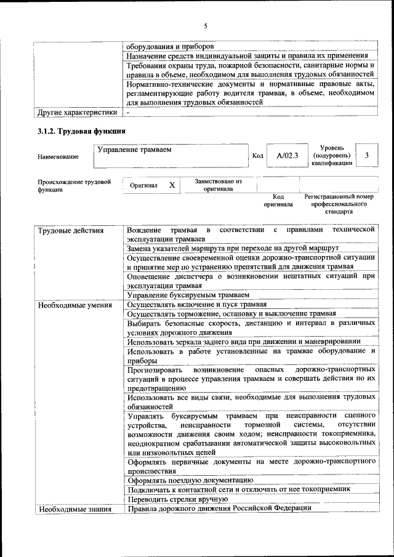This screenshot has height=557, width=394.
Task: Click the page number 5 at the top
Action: (x=206, y=25)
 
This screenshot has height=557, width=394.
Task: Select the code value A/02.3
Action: (x=287, y=156)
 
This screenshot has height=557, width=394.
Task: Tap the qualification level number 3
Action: (x=367, y=156)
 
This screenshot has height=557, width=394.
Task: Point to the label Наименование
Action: (x=58, y=157)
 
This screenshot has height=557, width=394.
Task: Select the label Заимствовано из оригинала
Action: (x=219, y=185)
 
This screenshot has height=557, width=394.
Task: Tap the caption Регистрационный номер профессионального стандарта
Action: (x=339, y=204)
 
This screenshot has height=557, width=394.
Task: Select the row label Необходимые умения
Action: (x=74, y=305)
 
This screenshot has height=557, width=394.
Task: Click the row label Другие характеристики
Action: (x=77, y=113)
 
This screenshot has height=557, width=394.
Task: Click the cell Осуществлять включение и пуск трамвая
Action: (x=196, y=305)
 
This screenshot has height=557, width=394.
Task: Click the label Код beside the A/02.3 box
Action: (x=258, y=156)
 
